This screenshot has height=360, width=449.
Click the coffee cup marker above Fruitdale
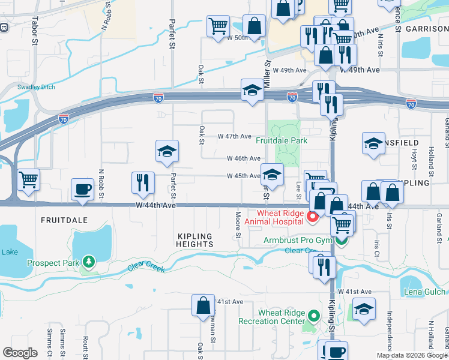82,189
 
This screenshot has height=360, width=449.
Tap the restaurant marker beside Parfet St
143,182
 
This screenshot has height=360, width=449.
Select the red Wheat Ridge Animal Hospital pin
312,217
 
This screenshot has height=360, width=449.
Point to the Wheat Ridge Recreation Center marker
313,316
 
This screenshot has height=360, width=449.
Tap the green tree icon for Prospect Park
89,262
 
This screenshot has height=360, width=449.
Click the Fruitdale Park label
282,140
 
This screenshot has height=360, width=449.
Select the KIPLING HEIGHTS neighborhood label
195,240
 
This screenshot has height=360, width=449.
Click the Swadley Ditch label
36,87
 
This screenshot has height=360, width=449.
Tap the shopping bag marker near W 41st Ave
203,305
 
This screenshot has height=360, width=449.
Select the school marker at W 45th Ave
272,175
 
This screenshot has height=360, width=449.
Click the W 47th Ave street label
234,136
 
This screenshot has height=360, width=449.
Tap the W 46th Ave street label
243,158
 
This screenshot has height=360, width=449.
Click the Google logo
20,353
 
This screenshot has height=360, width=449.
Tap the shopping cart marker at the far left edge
28,179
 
